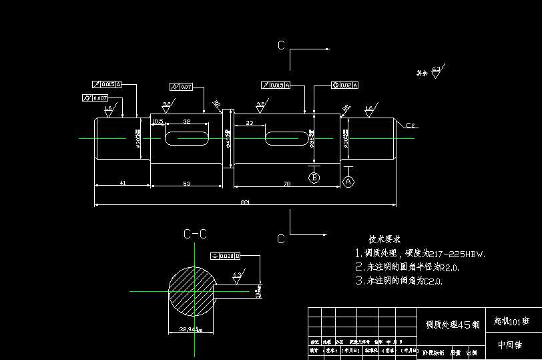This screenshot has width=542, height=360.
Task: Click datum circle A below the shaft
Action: [x=348, y=181]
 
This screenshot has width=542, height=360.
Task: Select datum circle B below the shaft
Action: [x=314, y=177]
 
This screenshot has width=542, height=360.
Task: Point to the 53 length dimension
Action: [x=186, y=182]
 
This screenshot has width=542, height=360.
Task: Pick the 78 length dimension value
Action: [x=287, y=182]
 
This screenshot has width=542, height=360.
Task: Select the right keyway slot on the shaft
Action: [x=287, y=138]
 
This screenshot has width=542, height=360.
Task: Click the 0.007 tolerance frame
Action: [x=95, y=98]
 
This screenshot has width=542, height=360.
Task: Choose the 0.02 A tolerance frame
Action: [x=345, y=85]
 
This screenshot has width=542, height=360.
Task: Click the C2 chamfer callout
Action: [x=411, y=125]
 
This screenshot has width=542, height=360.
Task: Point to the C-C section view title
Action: [x=195, y=234]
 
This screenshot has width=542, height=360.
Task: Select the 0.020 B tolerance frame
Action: [x=225, y=256]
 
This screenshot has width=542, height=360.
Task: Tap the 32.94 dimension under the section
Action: [x=190, y=329]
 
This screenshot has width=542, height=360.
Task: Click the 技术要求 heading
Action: [x=384, y=239]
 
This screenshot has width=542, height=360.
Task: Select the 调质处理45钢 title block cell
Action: [x=453, y=325]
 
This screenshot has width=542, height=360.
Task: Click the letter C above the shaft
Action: [x=281, y=45]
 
